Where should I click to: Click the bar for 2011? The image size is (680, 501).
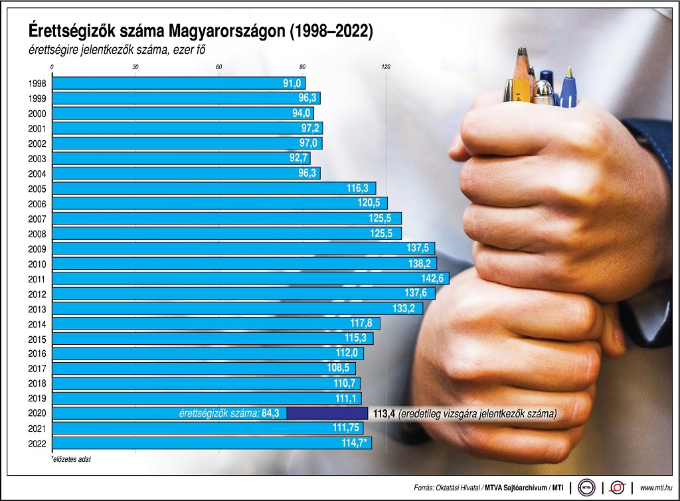coord(246,278)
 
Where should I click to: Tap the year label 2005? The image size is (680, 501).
coord(37,188)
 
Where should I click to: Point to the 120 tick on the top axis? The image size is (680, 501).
coord(386,67)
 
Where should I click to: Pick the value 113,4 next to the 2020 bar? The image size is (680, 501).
coord(384,413)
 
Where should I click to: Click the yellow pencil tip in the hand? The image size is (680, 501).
coord(523,66)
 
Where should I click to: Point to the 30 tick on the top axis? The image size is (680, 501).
coord(135,67)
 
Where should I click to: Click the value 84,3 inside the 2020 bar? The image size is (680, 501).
coord(270,413)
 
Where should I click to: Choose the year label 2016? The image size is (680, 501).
coord(37,353)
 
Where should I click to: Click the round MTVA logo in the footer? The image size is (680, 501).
coord(586,487)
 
